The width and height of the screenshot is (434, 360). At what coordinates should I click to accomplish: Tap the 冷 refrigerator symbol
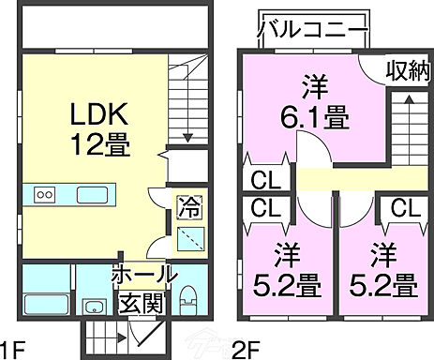point(187,203)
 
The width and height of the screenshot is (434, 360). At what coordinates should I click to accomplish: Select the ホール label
point(143,275)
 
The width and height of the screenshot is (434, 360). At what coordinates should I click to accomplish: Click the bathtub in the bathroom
point(44,304)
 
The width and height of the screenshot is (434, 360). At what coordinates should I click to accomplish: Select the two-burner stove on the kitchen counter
point(46,195)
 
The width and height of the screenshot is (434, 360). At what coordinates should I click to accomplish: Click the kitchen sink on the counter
point(92,195)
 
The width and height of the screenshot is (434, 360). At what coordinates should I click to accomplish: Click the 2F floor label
point(246,350)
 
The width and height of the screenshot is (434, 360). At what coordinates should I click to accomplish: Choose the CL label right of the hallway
point(405,208)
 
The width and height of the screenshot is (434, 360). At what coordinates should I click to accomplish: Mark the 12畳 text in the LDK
point(94,143)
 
